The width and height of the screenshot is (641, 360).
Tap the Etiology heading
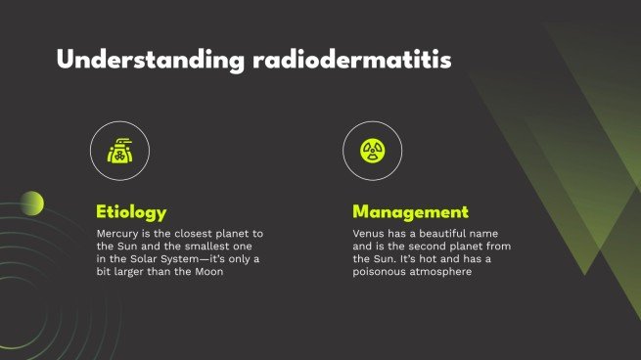[131, 212]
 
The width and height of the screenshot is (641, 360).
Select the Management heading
[411, 212]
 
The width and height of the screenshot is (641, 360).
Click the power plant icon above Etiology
[117, 150]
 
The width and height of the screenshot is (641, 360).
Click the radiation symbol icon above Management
[373, 150]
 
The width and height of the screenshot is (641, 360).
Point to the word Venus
[369, 234]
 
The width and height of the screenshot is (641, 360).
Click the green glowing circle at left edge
[32, 202]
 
